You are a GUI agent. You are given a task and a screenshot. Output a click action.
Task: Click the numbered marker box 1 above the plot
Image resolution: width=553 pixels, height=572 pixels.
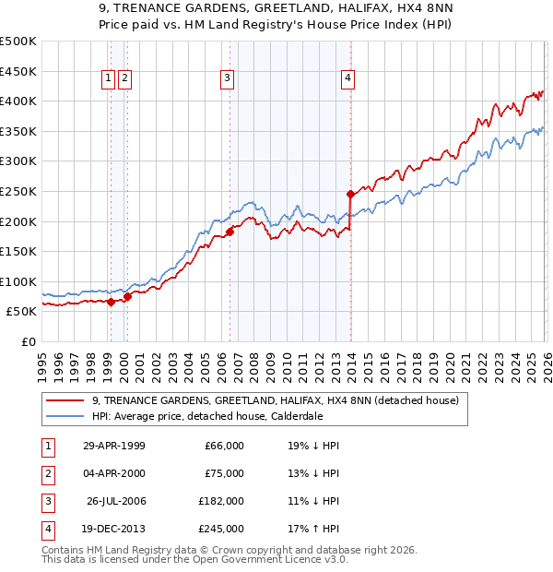pyautogui.click(x=109, y=79)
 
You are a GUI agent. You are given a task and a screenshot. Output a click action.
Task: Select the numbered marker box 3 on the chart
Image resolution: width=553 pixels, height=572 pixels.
pyautogui.click(x=226, y=79)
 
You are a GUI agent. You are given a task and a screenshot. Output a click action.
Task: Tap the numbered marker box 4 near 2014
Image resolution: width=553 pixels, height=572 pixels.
pyautogui.click(x=347, y=79)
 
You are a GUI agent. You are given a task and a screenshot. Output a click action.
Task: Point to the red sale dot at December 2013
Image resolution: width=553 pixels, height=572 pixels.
pyautogui.click(x=351, y=194)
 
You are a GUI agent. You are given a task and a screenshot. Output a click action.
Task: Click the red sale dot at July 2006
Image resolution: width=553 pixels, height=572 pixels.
pyautogui.click(x=230, y=232)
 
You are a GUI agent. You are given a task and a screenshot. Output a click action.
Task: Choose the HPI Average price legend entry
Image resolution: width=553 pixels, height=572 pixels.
pyautogui.click(x=206, y=416)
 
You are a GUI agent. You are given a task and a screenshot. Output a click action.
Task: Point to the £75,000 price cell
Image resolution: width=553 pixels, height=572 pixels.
pyautogui.click(x=224, y=473)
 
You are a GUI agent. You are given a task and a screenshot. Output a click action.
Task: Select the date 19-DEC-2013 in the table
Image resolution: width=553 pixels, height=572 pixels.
pyautogui.click(x=113, y=529)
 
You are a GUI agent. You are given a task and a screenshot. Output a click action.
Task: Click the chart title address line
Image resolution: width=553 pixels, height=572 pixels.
pyautogui.click(x=276, y=10)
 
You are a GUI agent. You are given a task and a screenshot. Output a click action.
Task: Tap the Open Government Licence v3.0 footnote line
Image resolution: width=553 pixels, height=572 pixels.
pyautogui.click(x=194, y=559)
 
